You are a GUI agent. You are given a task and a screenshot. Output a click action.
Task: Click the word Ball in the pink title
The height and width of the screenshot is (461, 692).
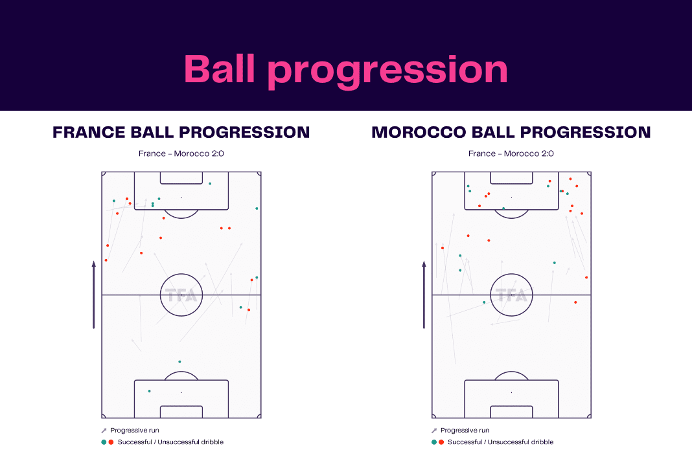pyautogui.click(x=220, y=69)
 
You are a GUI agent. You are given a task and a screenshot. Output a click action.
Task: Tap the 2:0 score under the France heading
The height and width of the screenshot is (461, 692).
pyautogui.click(x=217, y=153)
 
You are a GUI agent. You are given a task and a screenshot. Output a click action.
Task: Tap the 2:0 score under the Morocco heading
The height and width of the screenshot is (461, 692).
pyautogui.click(x=547, y=153)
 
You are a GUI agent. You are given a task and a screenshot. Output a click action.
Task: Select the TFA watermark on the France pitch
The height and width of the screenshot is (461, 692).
pyautogui.click(x=181, y=295)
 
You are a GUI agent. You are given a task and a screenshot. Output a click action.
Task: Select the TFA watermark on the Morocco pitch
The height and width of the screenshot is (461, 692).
pyautogui.click(x=511, y=295)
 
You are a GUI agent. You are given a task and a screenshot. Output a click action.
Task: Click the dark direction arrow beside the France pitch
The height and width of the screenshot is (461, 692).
pyautogui.click(x=93, y=295)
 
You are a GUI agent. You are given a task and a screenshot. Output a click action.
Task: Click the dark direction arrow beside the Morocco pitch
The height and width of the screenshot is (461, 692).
pyautogui.click(x=424, y=295)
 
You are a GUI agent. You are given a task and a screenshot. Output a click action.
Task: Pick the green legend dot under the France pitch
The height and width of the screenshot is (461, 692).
pyautogui.click(x=104, y=442)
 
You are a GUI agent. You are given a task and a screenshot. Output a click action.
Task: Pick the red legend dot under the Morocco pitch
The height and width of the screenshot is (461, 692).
pyautogui.click(x=441, y=442)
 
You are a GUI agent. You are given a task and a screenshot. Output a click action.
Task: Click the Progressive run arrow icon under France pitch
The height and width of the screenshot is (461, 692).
pyautogui.click(x=104, y=431)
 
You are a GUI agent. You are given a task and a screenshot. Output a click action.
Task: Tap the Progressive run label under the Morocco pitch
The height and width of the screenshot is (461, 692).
pyautogui.click(x=465, y=431)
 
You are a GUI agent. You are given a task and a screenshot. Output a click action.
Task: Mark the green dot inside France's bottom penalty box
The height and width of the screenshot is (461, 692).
pyautogui.click(x=149, y=391)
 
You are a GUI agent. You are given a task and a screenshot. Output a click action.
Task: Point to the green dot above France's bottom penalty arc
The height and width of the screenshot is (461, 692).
pyautogui.click(x=179, y=362)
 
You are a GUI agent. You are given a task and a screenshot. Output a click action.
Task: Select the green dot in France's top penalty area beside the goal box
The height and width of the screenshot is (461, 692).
pyautogui.click(x=210, y=183)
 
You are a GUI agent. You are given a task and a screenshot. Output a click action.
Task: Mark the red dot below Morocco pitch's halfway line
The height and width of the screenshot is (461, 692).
pyautogui.click(x=575, y=302)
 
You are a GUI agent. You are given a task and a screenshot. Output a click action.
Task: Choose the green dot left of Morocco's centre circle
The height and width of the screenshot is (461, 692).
pyautogui.click(x=484, y=302)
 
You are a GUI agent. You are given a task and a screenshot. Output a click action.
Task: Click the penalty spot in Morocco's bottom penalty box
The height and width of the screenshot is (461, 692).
pyautogui.click(x=511, y=392)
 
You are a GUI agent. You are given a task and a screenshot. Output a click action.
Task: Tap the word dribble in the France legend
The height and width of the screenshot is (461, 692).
pyautogui.click(x=213, y=442)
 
